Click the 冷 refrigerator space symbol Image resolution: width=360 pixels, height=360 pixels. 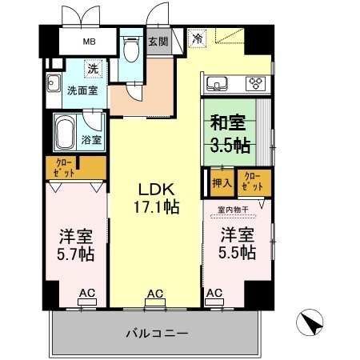197,38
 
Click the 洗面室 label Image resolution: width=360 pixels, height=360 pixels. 82,90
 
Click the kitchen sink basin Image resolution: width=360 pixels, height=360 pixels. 216,83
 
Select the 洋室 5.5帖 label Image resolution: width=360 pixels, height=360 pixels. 238,244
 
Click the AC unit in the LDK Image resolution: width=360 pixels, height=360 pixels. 155,298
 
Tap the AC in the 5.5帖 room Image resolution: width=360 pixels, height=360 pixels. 214,298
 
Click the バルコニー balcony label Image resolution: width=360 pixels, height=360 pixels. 156,333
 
